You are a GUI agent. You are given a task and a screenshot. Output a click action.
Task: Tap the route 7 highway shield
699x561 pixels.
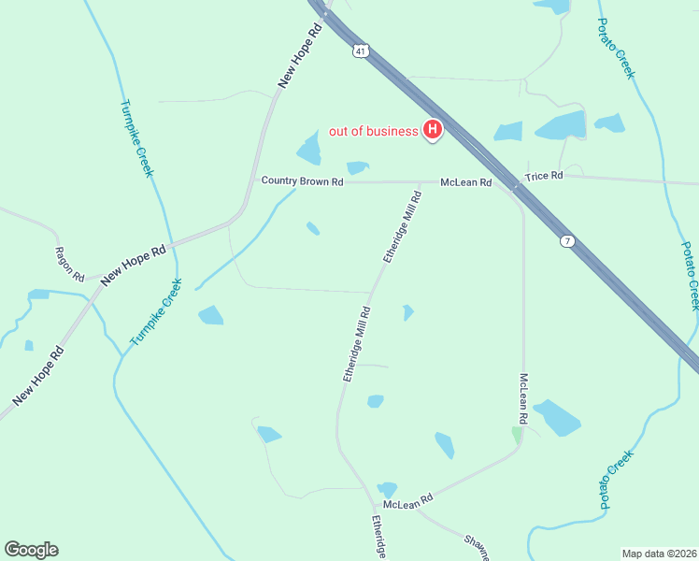(x=567, y=241)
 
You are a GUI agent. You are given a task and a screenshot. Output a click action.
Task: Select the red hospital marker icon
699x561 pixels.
(x=433, y=130)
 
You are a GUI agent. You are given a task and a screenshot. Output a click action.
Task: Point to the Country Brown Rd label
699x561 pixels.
(x=302, y=181)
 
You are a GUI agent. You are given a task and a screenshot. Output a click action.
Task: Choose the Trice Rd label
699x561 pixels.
(x=544, y=176)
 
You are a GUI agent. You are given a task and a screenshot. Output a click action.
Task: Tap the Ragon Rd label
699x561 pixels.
(x=70, y=265)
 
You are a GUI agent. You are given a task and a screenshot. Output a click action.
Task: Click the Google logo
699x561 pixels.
(x=31, y=550)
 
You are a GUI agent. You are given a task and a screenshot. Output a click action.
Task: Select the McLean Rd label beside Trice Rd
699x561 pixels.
(x=465, y=183)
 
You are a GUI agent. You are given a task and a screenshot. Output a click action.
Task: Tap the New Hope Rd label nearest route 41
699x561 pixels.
(x=299, y=56)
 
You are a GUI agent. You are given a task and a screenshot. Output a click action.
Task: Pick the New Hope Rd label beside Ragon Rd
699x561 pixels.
(x=133, y=264)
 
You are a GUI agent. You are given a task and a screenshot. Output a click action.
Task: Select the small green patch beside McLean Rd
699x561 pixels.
(x=516, y=435)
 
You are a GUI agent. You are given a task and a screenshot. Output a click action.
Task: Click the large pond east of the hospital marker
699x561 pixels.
(x=559, y=126)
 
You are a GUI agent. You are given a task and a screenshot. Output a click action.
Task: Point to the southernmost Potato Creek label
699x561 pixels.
(x=616, y=480)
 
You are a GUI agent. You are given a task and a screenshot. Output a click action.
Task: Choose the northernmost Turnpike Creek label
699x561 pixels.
(x=136, y=139)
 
